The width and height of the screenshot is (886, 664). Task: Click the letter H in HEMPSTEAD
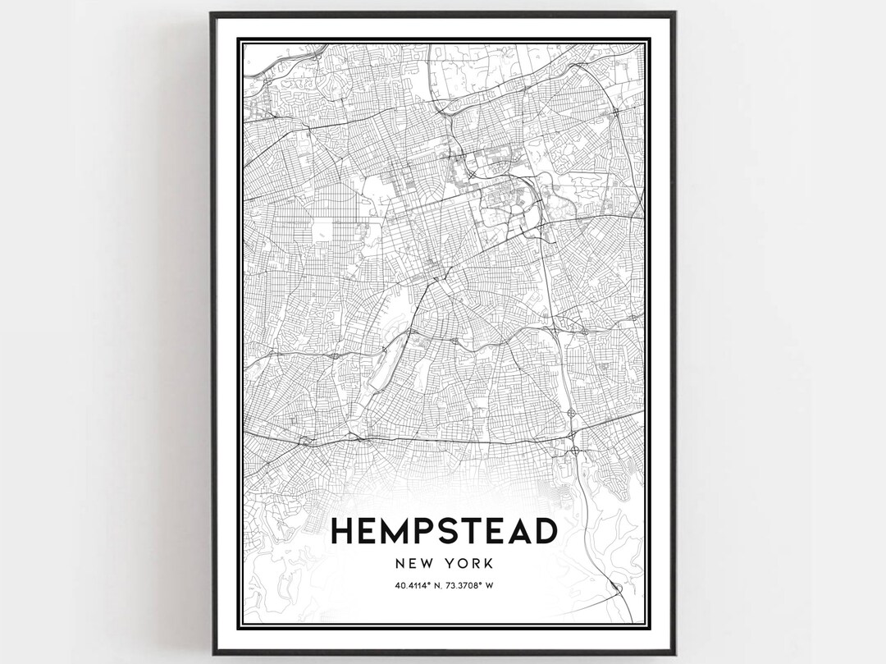tap(342, 532)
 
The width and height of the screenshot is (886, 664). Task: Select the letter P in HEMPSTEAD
tap(429, 532)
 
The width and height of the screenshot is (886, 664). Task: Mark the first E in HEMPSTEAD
tap(368, 532)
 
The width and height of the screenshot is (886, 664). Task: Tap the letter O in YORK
tap(462, 564)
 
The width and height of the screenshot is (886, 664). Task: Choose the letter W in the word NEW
tap(427, 564)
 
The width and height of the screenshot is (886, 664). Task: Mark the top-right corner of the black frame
tap(674, 13)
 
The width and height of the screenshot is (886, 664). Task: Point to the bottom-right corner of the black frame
tap(674, 653)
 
